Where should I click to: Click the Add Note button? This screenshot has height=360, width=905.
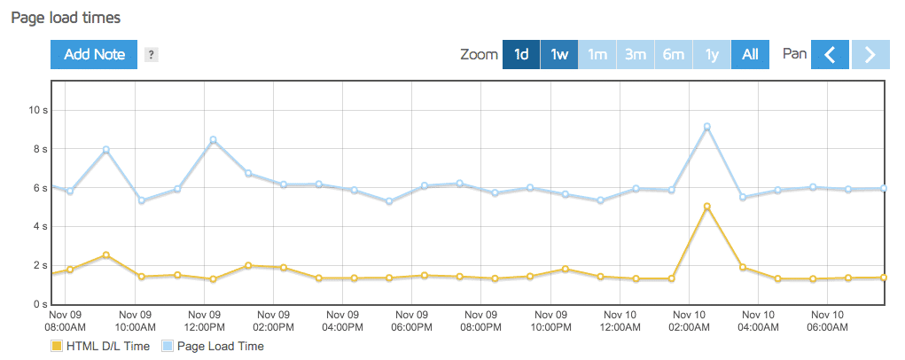coord(94,54)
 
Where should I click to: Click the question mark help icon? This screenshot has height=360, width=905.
coord(152,55)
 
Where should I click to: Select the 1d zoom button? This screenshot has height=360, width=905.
coord(521,54)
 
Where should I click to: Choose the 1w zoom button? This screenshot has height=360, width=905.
coord(559,54)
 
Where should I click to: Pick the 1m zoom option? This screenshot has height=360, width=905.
coord(597,54)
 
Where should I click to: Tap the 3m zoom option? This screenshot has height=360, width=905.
coord(636,54)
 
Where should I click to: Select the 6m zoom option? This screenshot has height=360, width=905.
coord(674,54)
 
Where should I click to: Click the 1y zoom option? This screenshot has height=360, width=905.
coord(712,54)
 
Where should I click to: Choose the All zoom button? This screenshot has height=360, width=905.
coord(750,54)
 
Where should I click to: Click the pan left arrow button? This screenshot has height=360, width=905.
coord(831,54)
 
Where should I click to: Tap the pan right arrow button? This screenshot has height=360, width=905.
coord(870,54)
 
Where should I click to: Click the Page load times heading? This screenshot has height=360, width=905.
coord(66,17)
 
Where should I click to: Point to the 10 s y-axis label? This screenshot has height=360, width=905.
coord(38,110)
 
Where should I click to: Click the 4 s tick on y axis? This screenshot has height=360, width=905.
coord(40,226)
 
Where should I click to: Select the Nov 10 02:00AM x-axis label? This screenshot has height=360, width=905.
coord(690,321)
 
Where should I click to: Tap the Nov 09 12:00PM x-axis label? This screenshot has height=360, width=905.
coord(205,321)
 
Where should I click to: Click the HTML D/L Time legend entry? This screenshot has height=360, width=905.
coord(101,346)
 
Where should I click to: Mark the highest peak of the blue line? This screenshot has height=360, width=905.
coord(706,127)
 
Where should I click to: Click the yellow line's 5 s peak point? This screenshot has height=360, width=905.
coord(706,207)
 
